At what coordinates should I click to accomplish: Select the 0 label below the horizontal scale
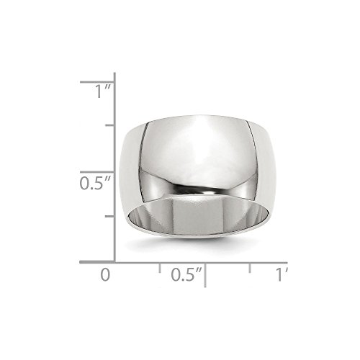(107, 275)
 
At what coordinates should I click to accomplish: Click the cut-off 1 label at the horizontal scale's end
(282, 275)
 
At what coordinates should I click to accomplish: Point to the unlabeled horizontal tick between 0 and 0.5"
(160, 267)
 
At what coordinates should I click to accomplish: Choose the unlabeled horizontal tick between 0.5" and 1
(250, 267)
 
